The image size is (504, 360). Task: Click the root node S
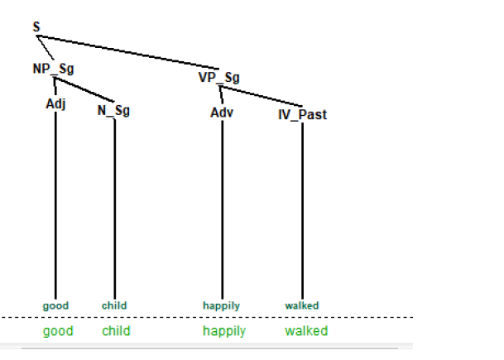click(x=36, y=27)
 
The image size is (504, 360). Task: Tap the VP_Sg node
click(x=219, y=78)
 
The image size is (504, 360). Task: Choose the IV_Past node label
click(x=302, y=114)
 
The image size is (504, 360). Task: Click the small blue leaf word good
click(x=55, y=305)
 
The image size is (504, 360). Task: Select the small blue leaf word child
click(x=114, y=305)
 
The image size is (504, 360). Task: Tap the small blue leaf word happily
click(x=222, y=305)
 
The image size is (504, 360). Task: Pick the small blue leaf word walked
click(x=302, y=305)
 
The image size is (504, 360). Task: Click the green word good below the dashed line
click(x=58, y=331)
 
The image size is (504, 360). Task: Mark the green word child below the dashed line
click(x=116, y=331)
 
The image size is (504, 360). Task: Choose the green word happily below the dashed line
click(x=224, y=331)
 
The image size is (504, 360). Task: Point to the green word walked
click(x=306, y=331)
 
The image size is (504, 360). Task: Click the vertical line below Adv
click(x=222, y=207)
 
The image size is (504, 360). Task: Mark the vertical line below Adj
click(x=55, y=207)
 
